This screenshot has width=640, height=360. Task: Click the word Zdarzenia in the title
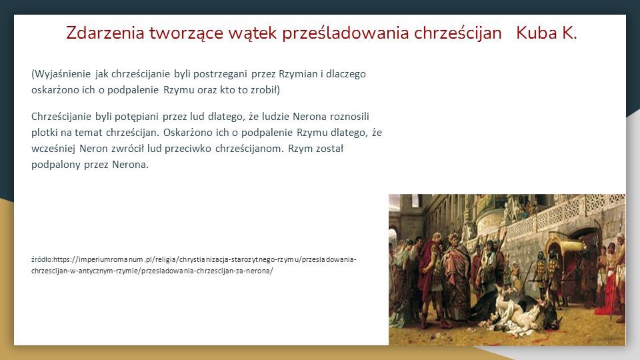pyautogui.click(x=105, y=33)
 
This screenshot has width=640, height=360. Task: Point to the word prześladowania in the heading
pyautogui.click(x=345, y=33)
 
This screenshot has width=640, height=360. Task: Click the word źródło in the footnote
pyautogui.click(x=41, y=259)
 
